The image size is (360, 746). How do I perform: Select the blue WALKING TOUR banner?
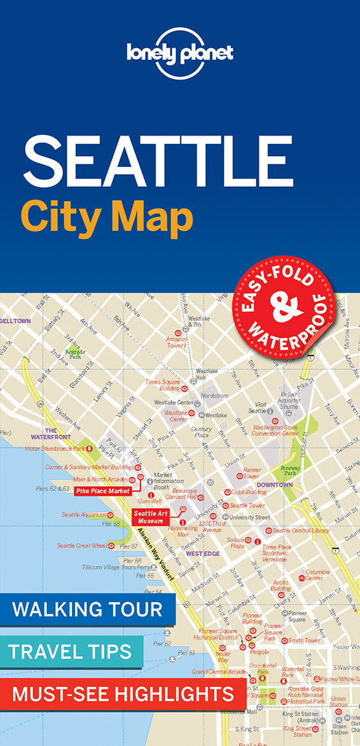click(x=87, y=609)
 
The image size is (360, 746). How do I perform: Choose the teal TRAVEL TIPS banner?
click(x=71, y=652)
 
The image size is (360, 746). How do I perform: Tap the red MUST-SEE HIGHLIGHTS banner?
click(x=123, y=693)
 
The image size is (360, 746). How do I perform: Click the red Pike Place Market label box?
click(x=103, y=491)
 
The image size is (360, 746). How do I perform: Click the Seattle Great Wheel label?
click(x=81, y=546)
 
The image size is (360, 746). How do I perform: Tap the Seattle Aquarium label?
click(x=84, y=515)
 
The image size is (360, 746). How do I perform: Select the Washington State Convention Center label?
click(x=276, y=429)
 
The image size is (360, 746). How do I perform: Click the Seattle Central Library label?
click(x=300, y=530)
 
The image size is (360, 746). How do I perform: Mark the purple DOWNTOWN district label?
click(x=275, y=485)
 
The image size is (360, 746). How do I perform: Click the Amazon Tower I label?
click(x=176, y=342)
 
